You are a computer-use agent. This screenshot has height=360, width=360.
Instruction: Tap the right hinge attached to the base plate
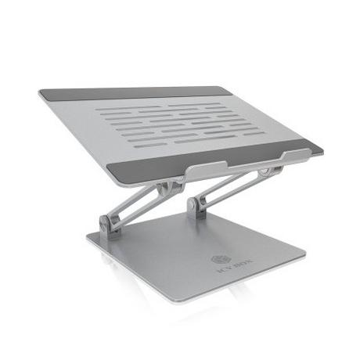(196, 204)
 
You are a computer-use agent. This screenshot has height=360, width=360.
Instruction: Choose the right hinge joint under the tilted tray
(270, 170)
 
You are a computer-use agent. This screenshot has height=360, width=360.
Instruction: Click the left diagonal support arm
(137, 205)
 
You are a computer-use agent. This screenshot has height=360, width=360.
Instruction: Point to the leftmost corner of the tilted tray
(39, 93)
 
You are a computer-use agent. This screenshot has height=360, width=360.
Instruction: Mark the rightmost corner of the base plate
(305, 254)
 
